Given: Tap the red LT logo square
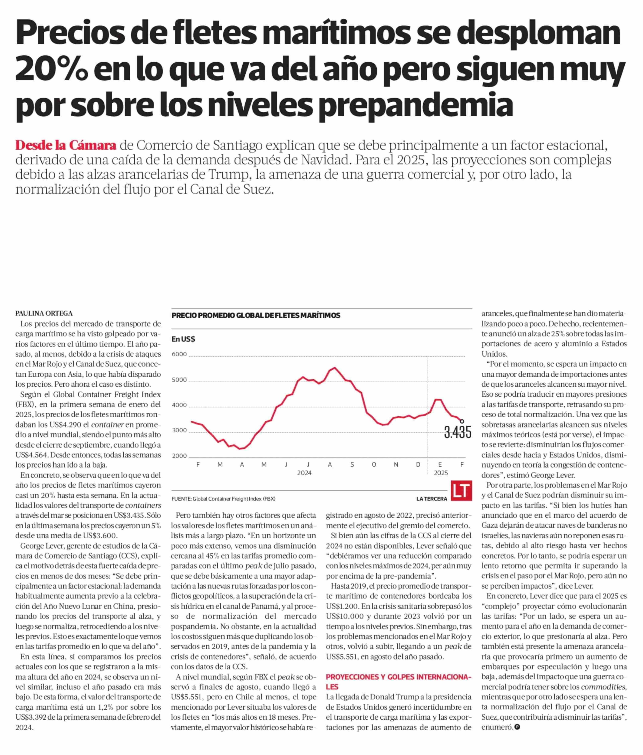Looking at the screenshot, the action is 461,491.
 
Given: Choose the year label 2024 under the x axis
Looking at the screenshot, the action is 304,473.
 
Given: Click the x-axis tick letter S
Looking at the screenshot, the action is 352,465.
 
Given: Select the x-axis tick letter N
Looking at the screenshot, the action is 396,465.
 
